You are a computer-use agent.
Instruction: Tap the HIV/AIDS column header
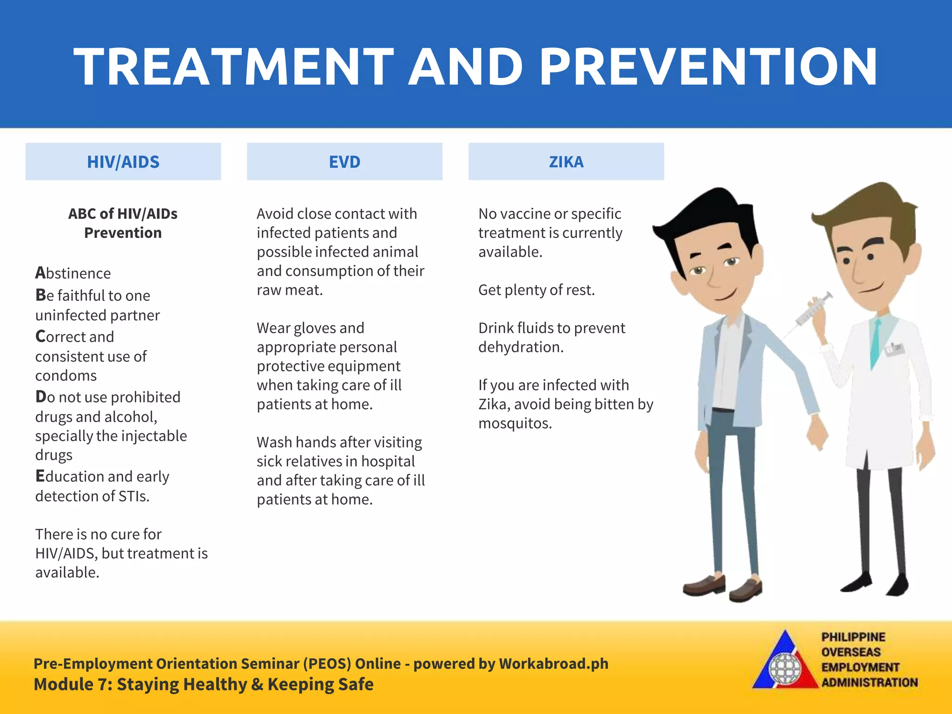coord(123,162)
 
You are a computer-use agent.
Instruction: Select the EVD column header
coord(344,162)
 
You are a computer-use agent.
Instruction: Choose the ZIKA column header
coord(566,162)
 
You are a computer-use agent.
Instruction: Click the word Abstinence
coord(73,273)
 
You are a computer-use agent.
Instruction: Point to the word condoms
coord(66,376)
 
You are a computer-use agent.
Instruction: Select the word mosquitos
coord(515,423)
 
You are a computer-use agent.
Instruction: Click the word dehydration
coord(521,347)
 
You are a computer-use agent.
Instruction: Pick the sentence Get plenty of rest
coord(536,290)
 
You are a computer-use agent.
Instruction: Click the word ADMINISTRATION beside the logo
coord(869,683)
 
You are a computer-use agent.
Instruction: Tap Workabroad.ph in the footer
coord(553,664)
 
